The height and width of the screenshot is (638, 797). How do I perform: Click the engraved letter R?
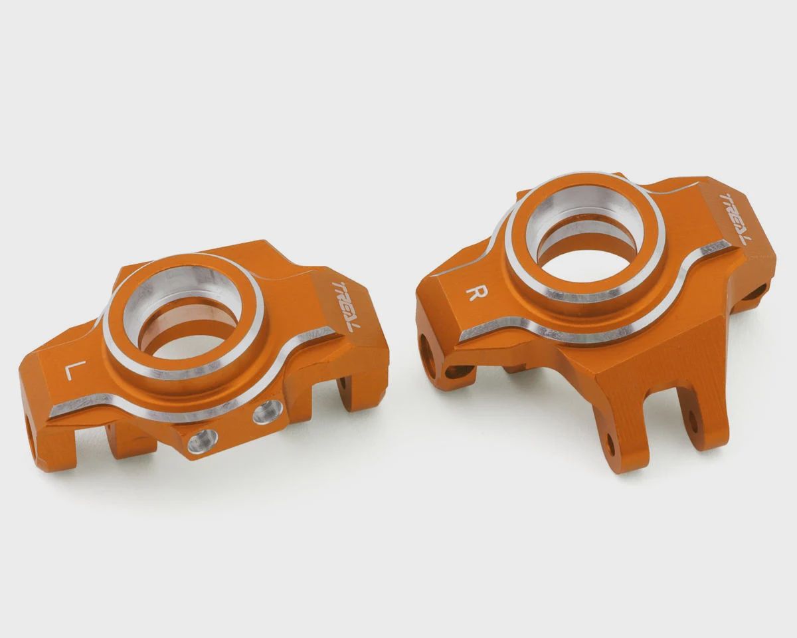coord(473,294)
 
